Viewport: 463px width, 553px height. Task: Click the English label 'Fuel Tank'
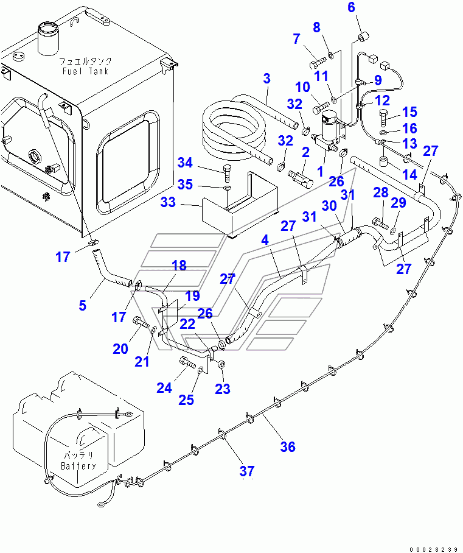click(x=85, y=71)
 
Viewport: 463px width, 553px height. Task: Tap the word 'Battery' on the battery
click(x=78, y=466)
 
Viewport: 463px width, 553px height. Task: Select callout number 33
click(x=168, y=202)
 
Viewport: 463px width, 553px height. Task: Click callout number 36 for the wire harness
click(x=288, y=447)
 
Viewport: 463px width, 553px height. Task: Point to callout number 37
click(x=246, y=471)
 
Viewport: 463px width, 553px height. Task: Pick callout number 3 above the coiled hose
click(x=266, y=79)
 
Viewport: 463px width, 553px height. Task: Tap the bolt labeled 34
click(x=226, y=172)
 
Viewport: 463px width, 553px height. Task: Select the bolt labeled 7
click(x=318, y=64)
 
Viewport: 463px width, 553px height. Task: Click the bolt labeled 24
click(x=188, y=362)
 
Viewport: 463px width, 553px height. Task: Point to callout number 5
click(x=83, y=305)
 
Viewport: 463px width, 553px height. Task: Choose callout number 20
click(x=120, y=349)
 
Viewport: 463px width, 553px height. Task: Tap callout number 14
click(x=409, y=175)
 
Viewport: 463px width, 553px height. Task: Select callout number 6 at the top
click(x=351, y=7)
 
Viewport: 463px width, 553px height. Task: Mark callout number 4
click(x=265, y=240)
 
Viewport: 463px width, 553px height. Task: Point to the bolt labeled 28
click(x=380, y=224)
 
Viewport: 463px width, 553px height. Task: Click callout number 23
click(x=223, y=389)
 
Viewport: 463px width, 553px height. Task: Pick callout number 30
click(x=329, y=206)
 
